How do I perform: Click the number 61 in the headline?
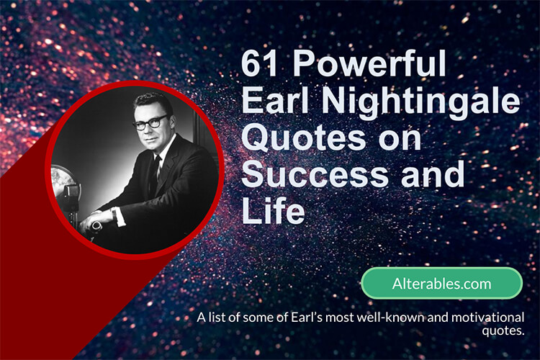259,63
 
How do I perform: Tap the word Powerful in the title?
369,63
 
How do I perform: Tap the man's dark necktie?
155,176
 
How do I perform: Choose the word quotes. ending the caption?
503,330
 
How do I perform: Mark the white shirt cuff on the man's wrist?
119,217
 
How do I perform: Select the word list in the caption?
217,317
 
